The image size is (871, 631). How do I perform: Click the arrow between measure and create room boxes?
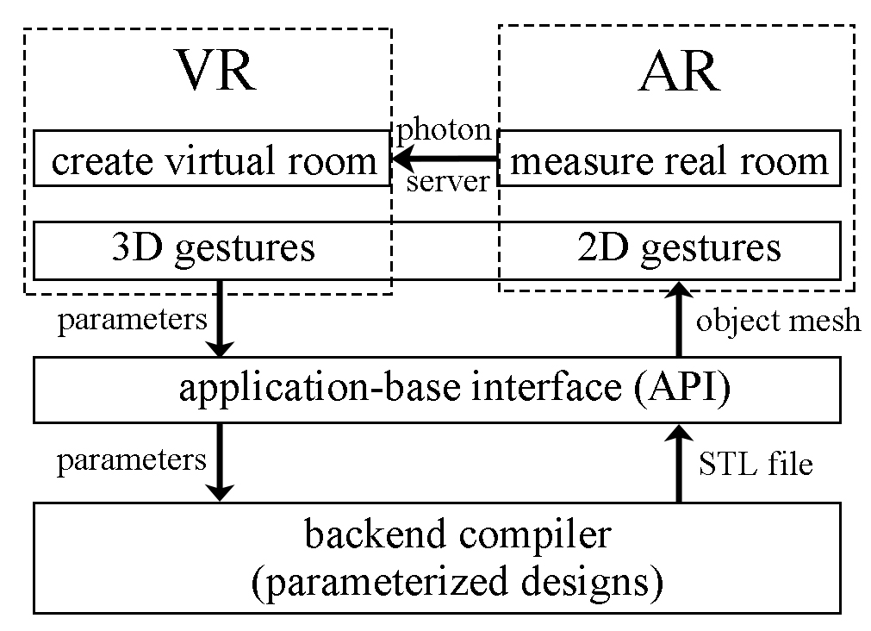444,159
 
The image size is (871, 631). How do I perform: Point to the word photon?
443,131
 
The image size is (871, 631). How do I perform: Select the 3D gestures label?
213,248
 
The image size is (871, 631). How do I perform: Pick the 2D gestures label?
679,248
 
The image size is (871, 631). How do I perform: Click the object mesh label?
778,321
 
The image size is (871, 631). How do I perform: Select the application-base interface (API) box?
437,390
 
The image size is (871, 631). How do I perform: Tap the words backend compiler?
457,535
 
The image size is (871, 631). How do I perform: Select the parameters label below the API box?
132,460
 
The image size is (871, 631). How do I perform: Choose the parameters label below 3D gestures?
132,320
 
